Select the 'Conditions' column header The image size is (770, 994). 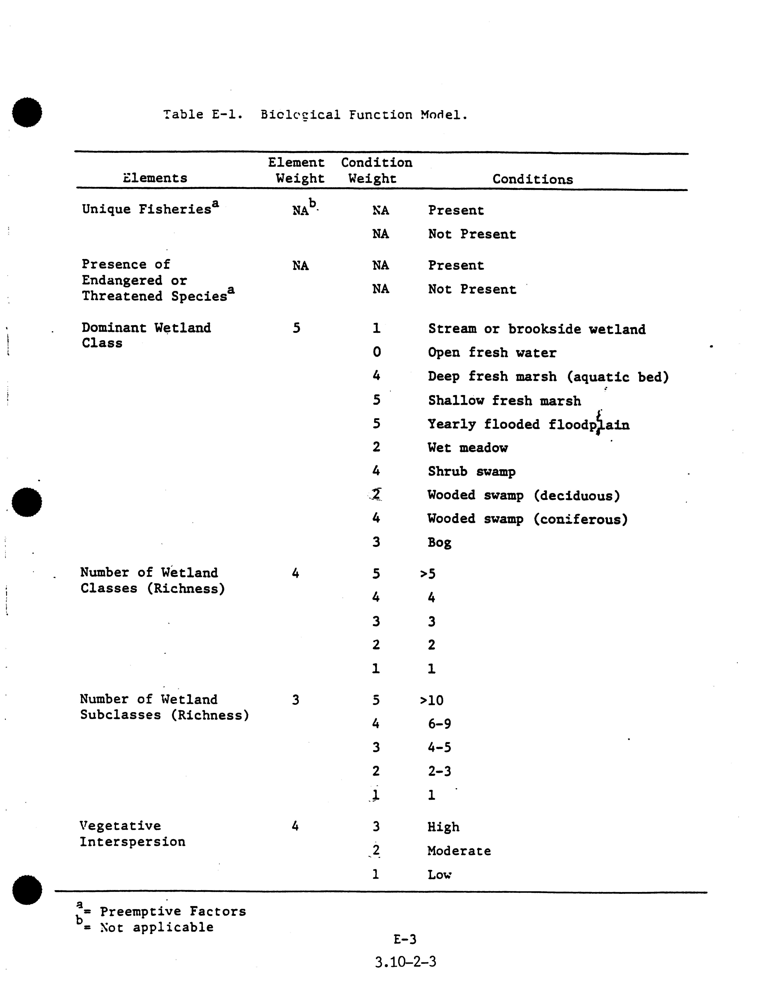(x=532, y=179)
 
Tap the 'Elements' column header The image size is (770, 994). (x=155, y=178)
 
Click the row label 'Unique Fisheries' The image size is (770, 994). (x=147, y=209)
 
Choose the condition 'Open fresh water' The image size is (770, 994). (x=492, y=353)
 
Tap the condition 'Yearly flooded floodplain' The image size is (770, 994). (x=528, y=425)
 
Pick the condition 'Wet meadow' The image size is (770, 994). (x=468, y=448)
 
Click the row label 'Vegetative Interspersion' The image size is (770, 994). (x=132, y=834)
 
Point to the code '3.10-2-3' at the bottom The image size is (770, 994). (x=406, y=962)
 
